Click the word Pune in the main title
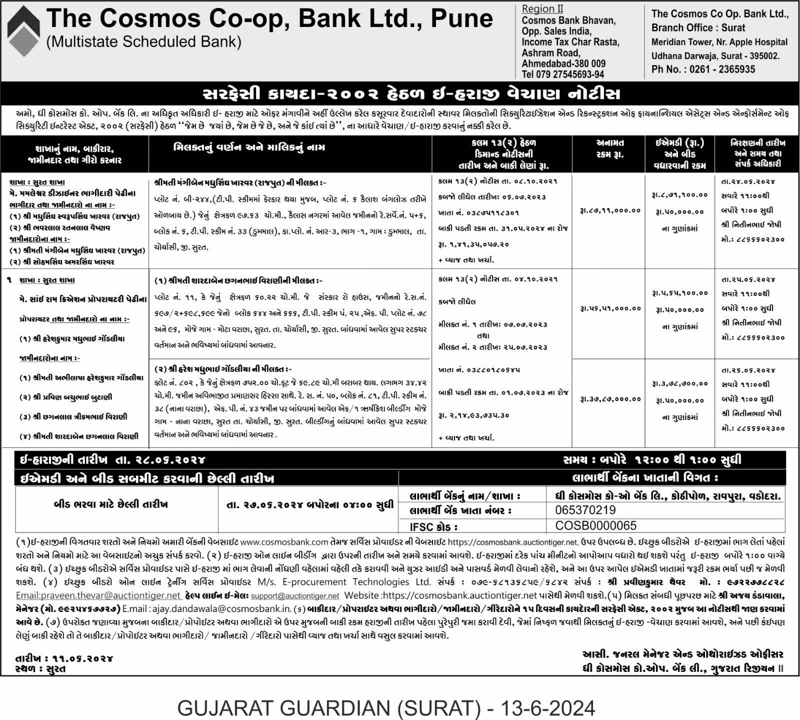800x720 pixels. tap(461, 19)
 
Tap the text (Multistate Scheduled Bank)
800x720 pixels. tap(143, 42)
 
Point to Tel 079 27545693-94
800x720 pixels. tap(562, 74)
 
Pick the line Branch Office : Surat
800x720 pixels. tap(698, 28)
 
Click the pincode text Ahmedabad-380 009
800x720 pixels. tap(563, 63)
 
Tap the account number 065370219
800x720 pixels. tap(585, 510)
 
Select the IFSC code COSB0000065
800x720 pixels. tap(595, 525)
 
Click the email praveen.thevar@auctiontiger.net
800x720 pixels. tap(98, 595)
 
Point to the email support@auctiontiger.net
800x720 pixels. tap(295, 596)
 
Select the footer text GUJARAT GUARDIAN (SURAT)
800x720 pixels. tap(325, 707)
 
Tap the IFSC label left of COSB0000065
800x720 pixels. tap(433, 526)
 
